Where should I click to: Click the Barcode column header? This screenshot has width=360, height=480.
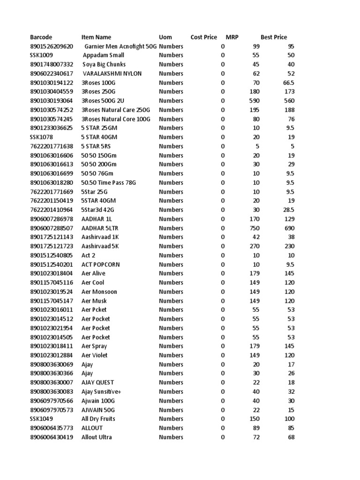click(x=41, y=37)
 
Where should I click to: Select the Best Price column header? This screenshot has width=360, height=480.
click(x=274, y=37)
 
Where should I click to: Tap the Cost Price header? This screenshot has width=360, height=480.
click(x=204, y=37)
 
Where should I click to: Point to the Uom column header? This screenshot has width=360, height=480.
click(x=165, y=37)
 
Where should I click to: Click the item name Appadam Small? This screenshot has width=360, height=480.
click(x=103, y=55)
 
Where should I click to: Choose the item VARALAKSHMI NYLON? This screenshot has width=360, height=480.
click(x=112, y=74)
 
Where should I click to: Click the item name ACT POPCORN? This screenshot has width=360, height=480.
click(x=101, y=264)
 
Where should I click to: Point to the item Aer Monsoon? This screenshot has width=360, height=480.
click(x=99, y=292)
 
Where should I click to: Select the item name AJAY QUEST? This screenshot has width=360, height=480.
click(x=98, y=382)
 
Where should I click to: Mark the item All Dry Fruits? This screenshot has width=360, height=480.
click(x=98, y=419)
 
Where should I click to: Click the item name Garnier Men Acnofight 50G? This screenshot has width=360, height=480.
click(x=121, y=46)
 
